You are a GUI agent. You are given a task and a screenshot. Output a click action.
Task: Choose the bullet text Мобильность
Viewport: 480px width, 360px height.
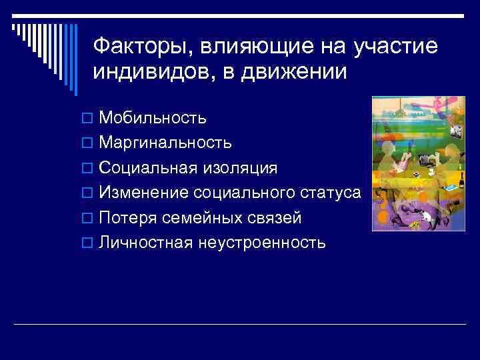click(153, 118)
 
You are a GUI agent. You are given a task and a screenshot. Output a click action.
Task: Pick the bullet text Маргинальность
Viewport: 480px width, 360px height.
click(165, 143)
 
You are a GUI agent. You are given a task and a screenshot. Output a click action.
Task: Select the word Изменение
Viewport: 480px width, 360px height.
click(143, 193)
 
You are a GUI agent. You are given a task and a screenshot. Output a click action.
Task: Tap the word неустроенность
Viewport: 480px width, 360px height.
click(261, 242)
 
